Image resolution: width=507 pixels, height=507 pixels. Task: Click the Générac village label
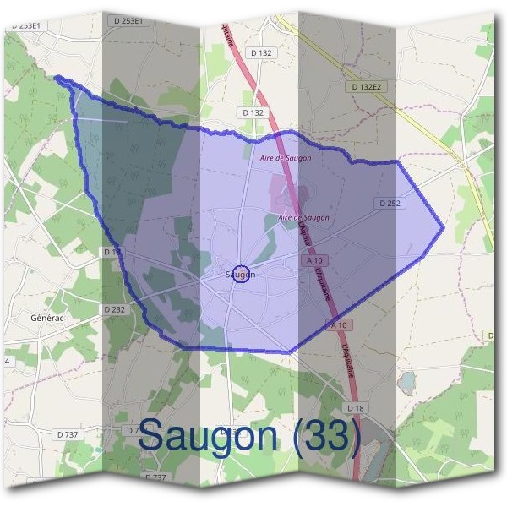tap(46, 317)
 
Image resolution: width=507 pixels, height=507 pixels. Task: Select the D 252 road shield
tap(389, 204)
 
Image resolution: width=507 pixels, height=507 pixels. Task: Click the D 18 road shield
tap(356, 409)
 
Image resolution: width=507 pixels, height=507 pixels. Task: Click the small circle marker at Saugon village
tap(241, 275)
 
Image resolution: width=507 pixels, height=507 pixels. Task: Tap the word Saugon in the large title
tap(207, 436)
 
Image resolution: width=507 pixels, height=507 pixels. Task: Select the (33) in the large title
tap(324, 436)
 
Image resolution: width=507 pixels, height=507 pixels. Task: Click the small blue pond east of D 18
tap(406, 384)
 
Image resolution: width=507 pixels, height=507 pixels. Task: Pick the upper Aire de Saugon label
tap(285, 158)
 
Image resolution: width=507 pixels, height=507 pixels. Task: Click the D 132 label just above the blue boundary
tap(253, 112)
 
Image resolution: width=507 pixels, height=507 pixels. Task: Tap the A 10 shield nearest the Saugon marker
tap(314, 262)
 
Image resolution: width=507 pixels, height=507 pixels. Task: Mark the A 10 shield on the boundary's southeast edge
tap(340, 324)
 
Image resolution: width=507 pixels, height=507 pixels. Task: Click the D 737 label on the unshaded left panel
tap(68, 433)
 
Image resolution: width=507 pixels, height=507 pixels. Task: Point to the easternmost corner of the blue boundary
tap(444, 227)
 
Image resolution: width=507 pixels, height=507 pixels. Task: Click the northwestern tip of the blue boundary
tap(57, 78)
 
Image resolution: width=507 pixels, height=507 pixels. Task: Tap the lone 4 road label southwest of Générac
tap(7, 361)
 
